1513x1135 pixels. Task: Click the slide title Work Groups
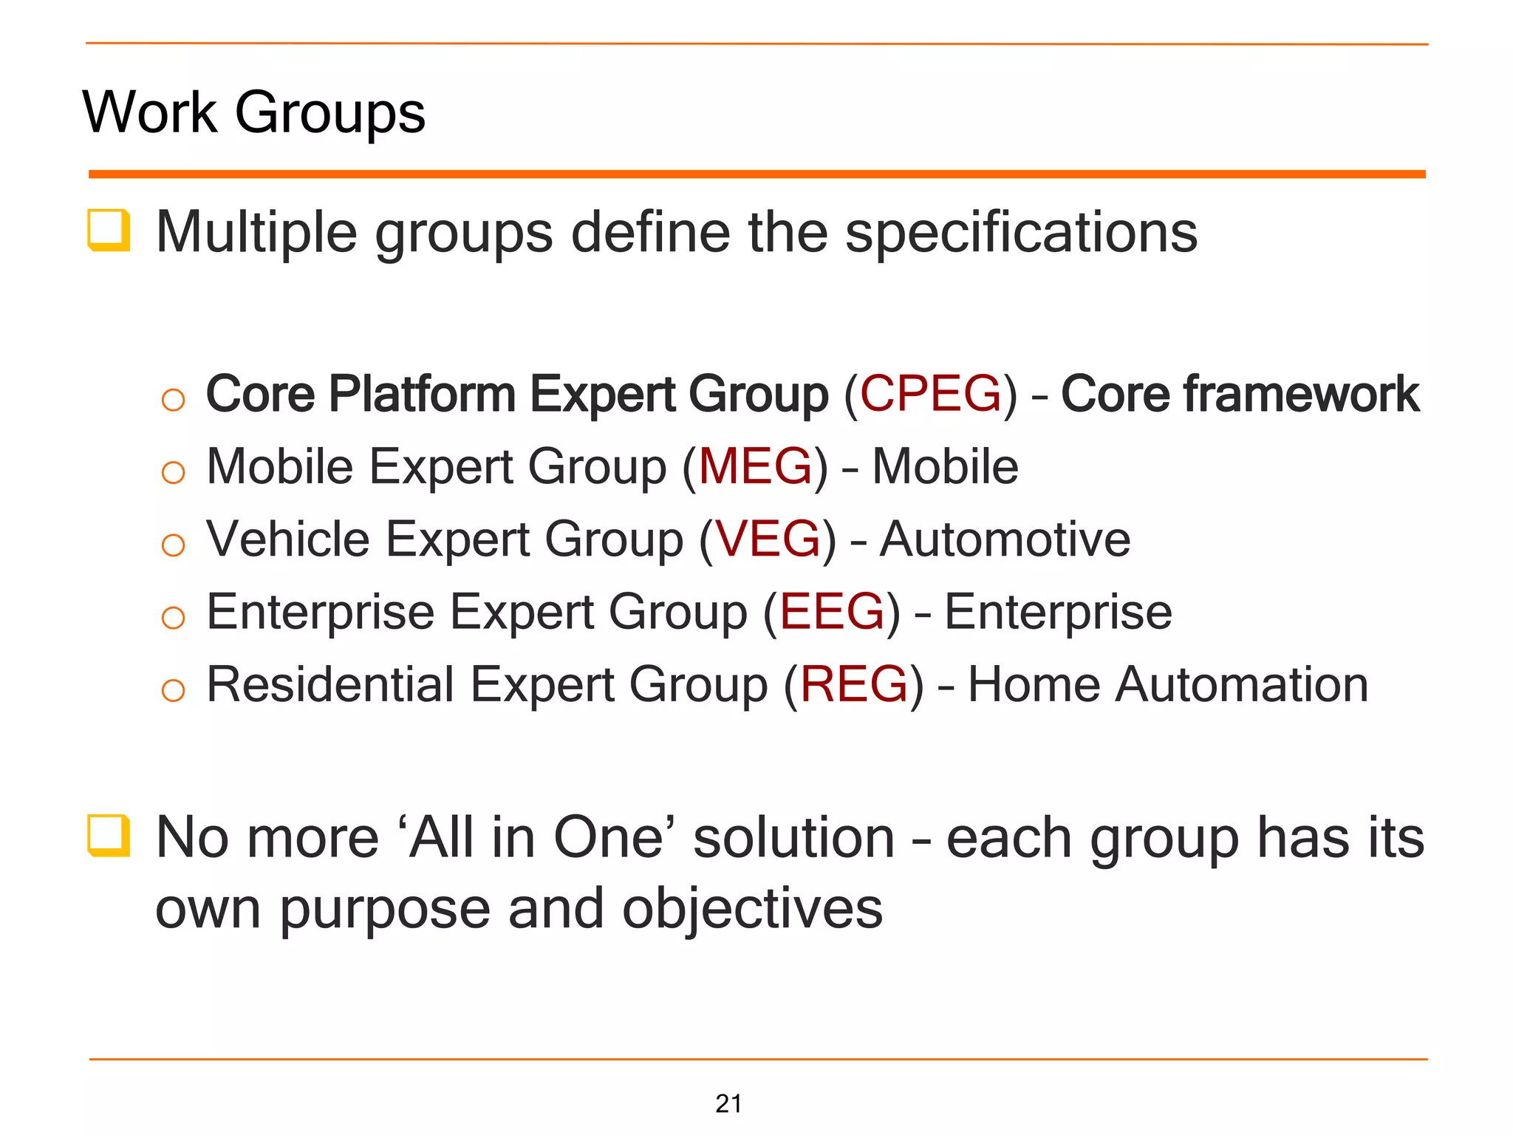[253, 112]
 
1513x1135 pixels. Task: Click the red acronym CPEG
[930, 393]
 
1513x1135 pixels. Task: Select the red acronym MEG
[755, 466]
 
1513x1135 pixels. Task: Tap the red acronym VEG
[768, 539]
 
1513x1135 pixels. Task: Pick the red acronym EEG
[832, 612]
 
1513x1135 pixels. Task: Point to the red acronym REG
[853, 684]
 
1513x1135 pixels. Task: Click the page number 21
[728, 1103]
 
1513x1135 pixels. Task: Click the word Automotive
[1005, 539]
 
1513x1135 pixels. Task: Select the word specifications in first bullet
[1020, 233]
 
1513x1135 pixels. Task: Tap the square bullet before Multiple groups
[109, 230]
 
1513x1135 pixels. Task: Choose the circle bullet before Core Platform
[173, 400]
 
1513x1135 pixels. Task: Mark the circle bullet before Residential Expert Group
[173, 691]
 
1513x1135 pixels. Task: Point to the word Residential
[330, 684]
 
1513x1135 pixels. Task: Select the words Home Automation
[1167, 684]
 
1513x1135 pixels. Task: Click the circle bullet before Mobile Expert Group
[173, 472]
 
